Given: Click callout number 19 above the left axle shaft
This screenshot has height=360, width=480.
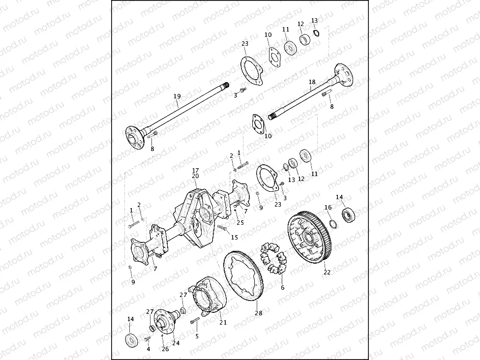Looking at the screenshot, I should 177,96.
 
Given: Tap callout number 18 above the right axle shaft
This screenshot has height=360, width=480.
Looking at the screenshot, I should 312,82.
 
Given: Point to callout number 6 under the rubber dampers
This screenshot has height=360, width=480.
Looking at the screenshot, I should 282,288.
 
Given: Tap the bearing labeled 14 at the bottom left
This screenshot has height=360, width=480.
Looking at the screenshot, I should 132,340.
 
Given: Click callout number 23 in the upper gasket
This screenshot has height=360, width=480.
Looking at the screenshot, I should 245,44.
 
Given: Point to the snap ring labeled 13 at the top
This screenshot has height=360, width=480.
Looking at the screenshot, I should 317,33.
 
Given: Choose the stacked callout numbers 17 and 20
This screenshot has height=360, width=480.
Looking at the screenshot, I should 195,173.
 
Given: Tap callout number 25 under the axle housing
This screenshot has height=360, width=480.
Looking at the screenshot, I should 240,223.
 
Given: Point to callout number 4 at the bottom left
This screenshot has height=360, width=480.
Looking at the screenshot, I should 149,349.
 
